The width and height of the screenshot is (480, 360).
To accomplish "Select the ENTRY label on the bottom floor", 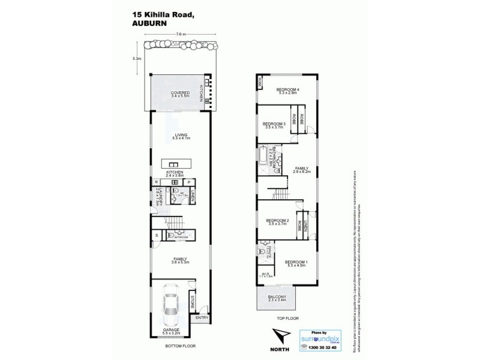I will pyautogui.click(x=200, y=317).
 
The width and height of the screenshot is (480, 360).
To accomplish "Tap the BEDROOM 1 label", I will pyautogui.click(x=296, y=263).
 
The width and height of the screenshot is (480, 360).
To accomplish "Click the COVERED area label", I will pyautogui.click(x=180, y=94).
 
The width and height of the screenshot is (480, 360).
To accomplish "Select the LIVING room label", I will pyautogui.click(x=181, y=136).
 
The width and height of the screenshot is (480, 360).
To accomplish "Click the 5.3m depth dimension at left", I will pyautogui.click(x=137, y=58).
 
